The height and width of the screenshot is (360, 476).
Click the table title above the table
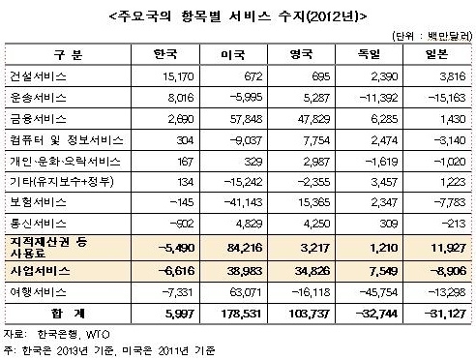tap(238, 15)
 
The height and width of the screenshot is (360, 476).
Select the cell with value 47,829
tap(312, 117)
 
